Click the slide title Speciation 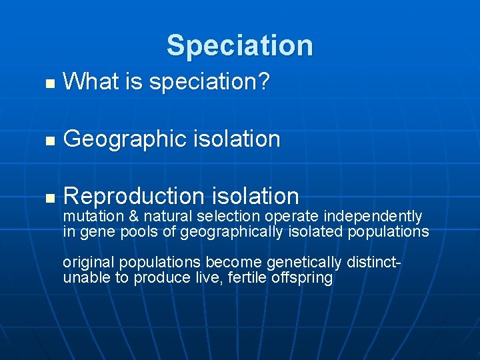click(239, 45)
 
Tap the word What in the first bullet click(90, 82)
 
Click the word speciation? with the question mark click(209, 83)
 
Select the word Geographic click(124, 139)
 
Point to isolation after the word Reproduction click(255, 196)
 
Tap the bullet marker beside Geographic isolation click(47, 141)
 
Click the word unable click(86, 278)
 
